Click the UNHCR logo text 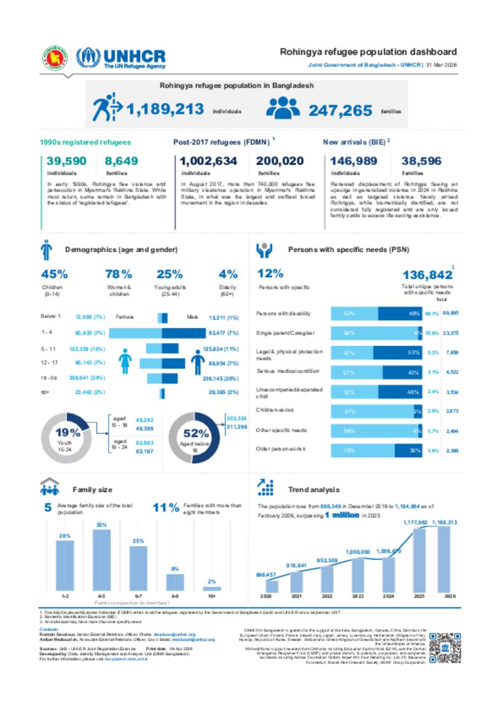pos(134,57)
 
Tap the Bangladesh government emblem pos(55,58)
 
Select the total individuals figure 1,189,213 pos(165,109)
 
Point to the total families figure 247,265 pos(340,111)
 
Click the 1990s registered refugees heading pos(85,142)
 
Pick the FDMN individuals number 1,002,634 pos(208,161)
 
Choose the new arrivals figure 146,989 pos(354,161)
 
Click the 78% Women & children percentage pos(119,274)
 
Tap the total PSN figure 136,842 pos(427,275)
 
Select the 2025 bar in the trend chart pos(419,560)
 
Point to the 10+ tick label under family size pos(212,596)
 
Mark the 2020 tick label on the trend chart pos(266,596)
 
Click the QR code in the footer pos(445,648)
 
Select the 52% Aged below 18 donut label pos(196,433)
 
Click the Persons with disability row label pos(283,313)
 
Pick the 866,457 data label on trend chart pos(266,574)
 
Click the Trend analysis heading pos(313,490)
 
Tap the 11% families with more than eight pos(166,507)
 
